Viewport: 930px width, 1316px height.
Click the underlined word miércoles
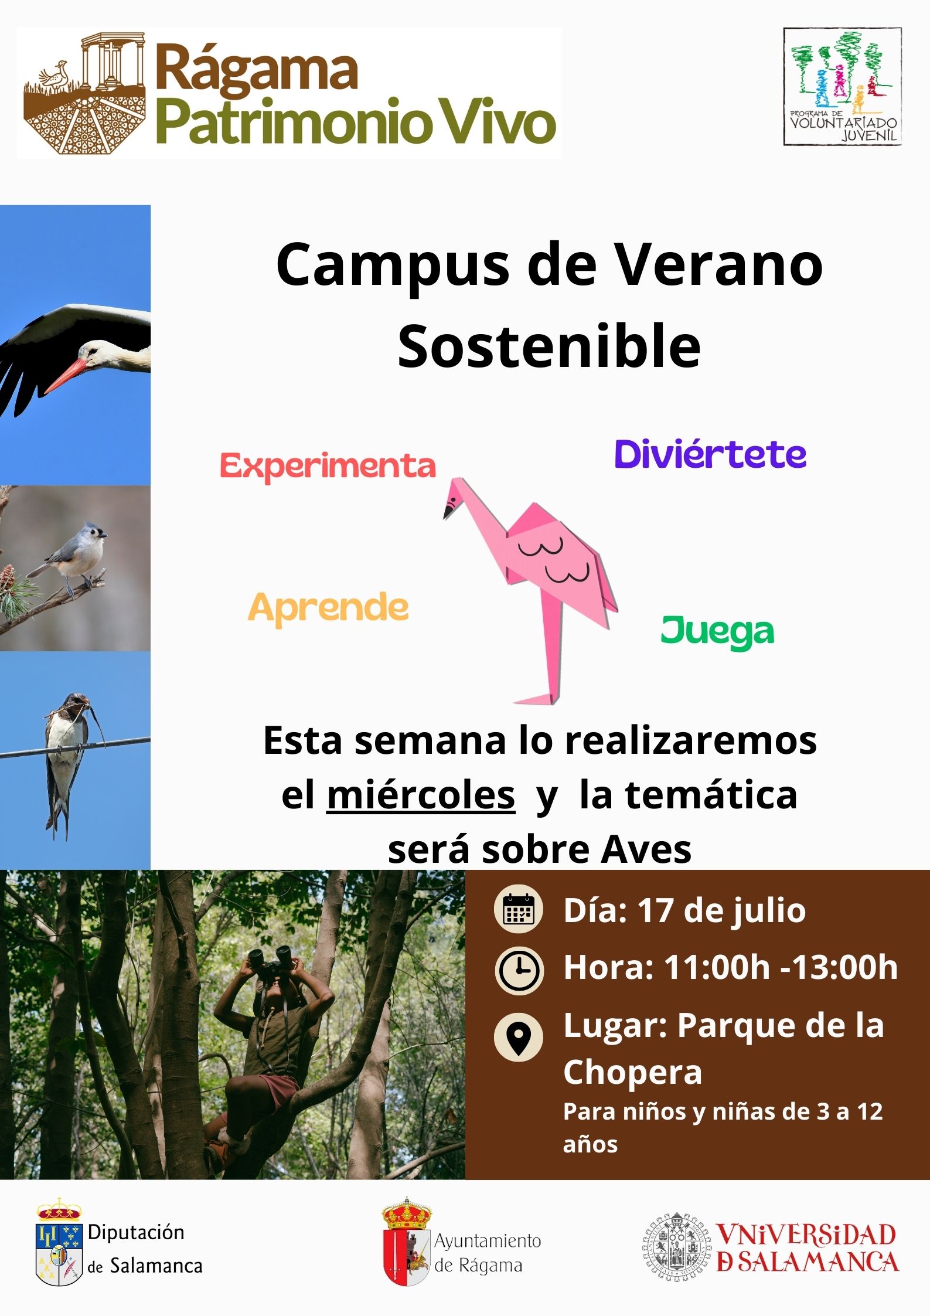[x=421, y=796]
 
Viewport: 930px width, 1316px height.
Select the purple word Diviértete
[x=710, y=454]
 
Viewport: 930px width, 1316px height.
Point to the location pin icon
[x=519, y=1037]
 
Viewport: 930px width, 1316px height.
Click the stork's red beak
[x=66, y=376]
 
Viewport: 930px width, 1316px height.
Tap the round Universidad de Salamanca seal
[x=677, y=1246]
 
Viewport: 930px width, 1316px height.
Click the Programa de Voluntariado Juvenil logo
[x=843, y=86]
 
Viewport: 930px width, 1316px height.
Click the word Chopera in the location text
[x=633, y=1073]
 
